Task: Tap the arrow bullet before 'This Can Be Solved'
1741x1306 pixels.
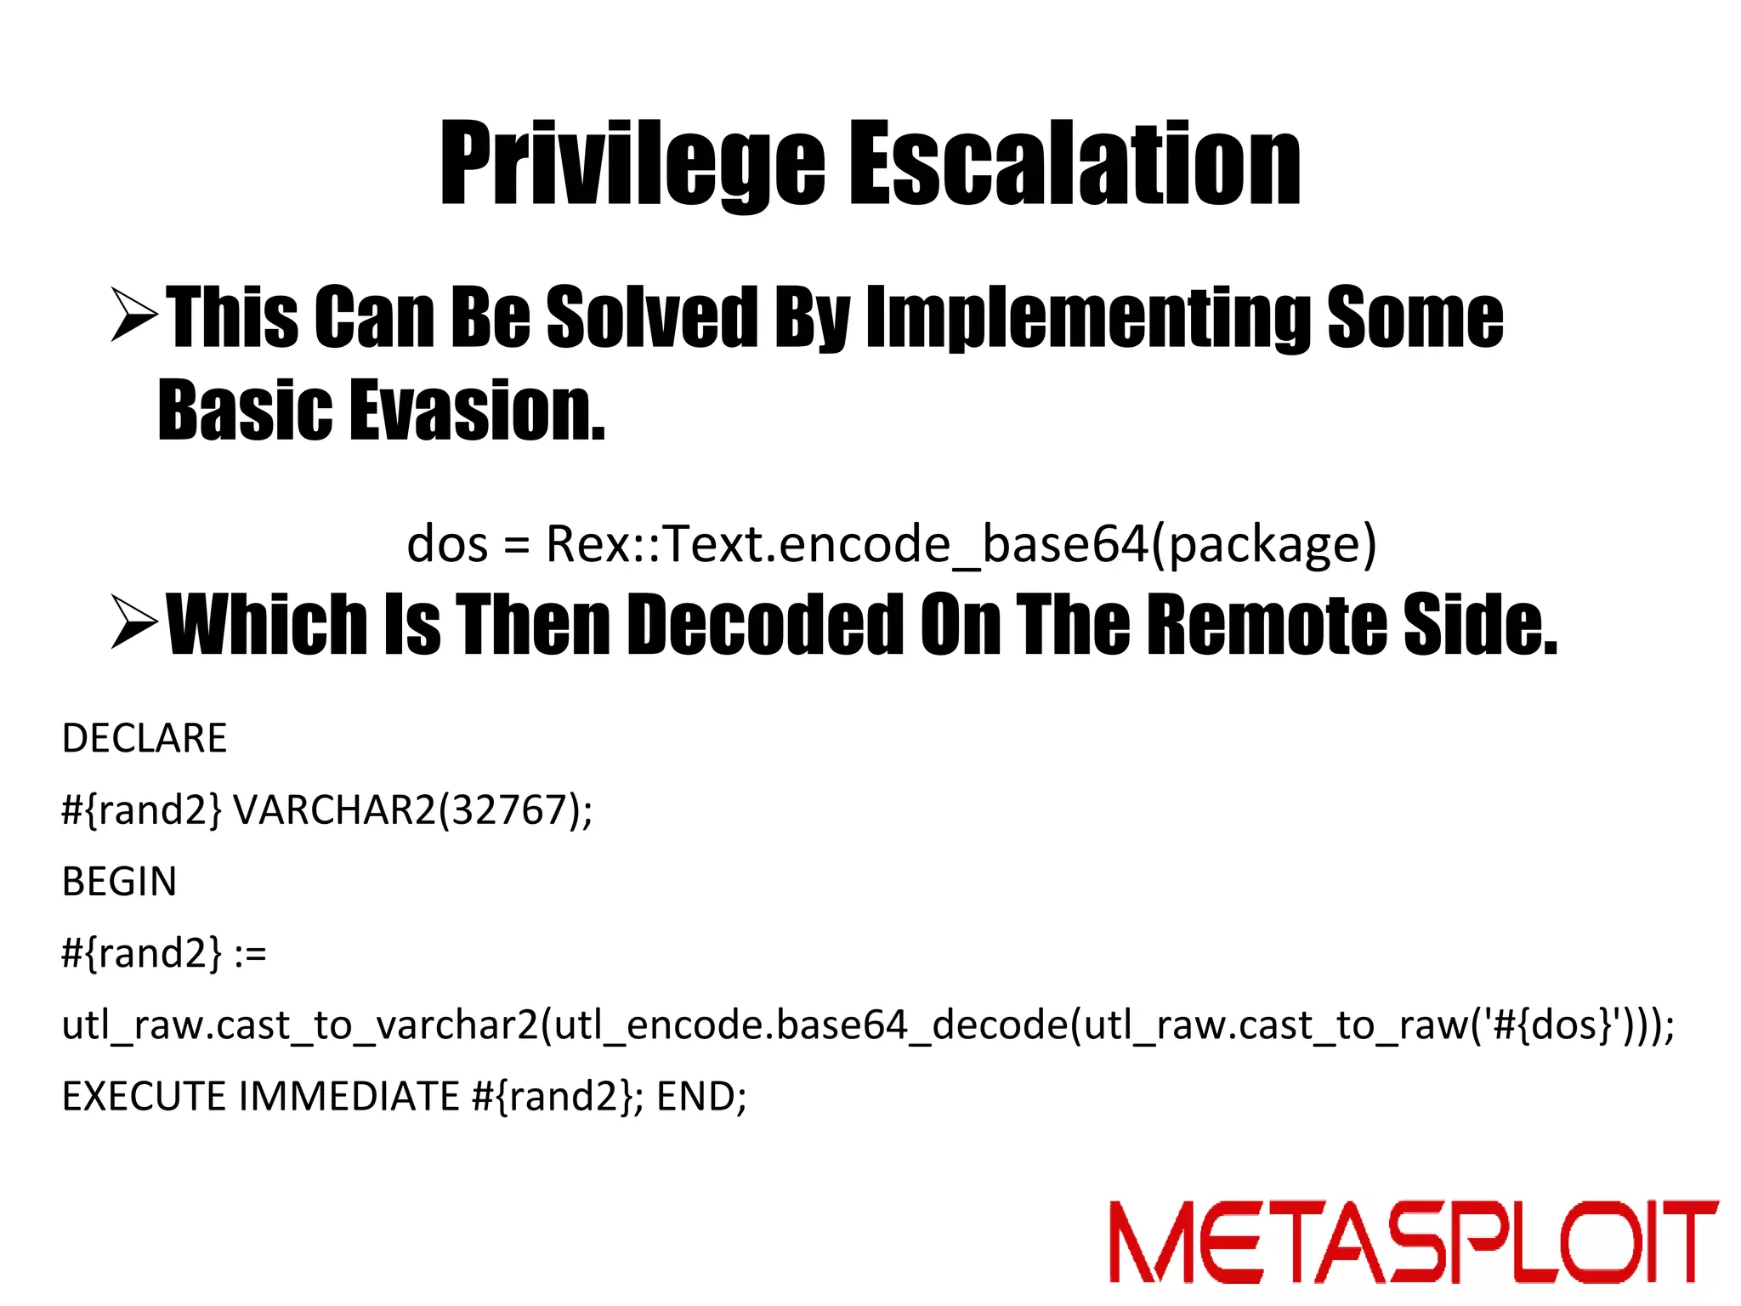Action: point(134,315)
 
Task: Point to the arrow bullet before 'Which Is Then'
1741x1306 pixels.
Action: point(134,622)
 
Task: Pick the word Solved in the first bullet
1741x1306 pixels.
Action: point(651,316)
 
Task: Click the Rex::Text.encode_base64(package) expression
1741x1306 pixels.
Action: point(961,544)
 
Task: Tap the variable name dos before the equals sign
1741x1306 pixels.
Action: point(447,544)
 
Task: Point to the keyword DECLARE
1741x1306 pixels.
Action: point(145,738)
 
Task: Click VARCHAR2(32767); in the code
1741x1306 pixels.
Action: point(413,810)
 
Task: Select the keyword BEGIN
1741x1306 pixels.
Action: point(119,882)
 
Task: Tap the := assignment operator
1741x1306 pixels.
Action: point(251,954)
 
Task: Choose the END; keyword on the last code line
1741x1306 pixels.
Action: point(701,1097)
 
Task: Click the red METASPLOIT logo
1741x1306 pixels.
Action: point(1414,1241)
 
